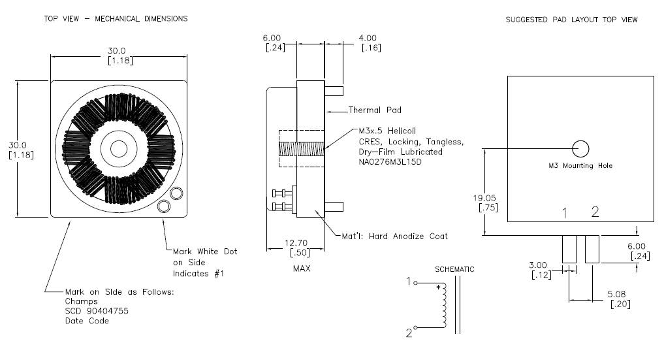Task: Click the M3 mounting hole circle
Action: coord(580,149)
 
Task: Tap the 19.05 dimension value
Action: coord(484,198)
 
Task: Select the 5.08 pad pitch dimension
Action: coord(616,294)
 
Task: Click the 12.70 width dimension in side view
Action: coord(296,242)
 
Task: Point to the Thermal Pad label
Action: coord(375,110)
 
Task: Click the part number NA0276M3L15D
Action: coord(390,162)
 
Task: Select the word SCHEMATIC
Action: coord(454,269)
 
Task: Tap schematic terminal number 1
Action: coord(409,281)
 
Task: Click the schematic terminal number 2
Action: coord(409,333)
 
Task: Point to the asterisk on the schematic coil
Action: coord(439,288)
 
